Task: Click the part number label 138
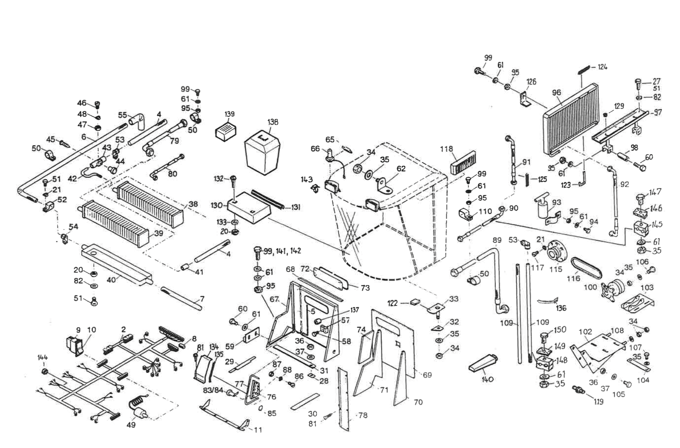[x=273, y=122]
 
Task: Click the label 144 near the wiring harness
[x=43, y=358]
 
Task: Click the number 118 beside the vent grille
[x=446, y=149]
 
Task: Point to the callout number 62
[x=401, y=169]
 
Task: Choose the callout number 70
[x=418, y=402]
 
